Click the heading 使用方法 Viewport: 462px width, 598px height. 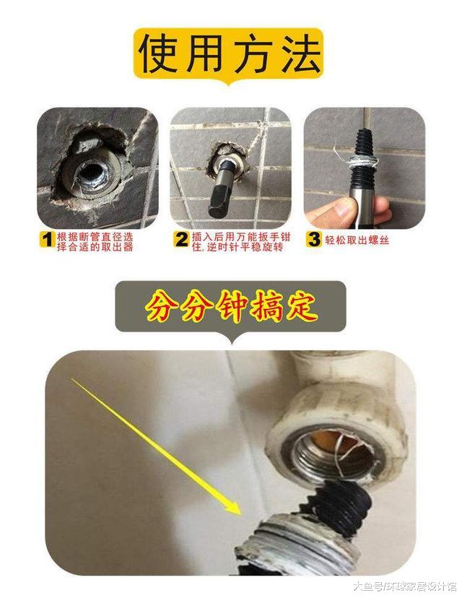[x=230, y=52]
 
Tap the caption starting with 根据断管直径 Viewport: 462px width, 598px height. [x=94, y=240]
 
